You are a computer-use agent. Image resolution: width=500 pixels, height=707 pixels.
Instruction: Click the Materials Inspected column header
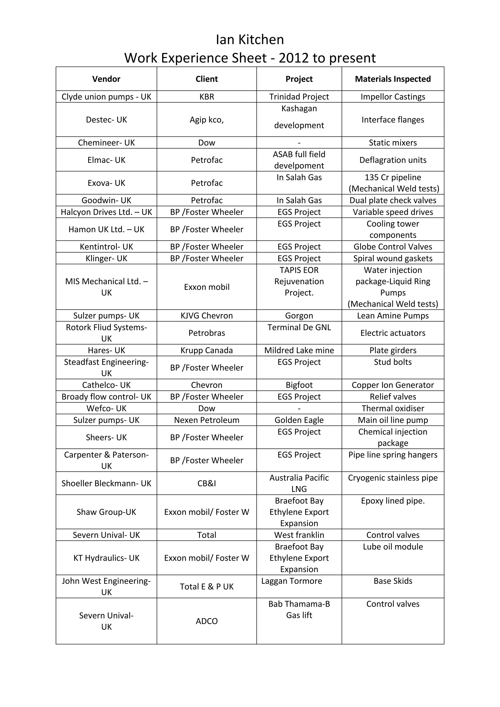(393, 79)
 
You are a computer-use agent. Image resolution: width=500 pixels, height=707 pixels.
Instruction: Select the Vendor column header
(106, 79)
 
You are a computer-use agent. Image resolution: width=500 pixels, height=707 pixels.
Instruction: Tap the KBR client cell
(207, 97)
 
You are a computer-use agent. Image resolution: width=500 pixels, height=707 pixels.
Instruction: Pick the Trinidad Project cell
(299, 97)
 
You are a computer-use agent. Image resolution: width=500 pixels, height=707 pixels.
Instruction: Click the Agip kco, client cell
(207, 120)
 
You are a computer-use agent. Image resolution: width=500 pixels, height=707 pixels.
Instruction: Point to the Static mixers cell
(393, 143)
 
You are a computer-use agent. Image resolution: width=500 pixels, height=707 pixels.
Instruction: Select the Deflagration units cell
(393, 160)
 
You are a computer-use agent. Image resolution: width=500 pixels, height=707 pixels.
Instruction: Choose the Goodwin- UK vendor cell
(106, 200)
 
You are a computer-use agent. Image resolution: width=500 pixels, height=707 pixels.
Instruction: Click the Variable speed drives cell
(393, 212)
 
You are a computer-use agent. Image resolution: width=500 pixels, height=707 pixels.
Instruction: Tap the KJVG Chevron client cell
(207, 316)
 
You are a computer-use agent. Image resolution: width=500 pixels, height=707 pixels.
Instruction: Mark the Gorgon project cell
(299, 316)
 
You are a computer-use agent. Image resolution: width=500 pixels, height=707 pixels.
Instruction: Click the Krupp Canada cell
(207, 350)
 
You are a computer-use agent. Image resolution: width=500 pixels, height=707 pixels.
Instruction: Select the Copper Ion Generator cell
(393, 385)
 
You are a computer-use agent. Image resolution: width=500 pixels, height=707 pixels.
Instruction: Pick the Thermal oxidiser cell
(393, 408)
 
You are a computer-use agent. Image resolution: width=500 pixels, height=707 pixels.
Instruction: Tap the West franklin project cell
(299, 535)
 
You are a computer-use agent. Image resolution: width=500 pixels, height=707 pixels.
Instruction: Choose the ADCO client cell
(207, 621)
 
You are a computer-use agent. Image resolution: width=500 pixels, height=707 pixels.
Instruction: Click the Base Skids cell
(393, 581)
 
